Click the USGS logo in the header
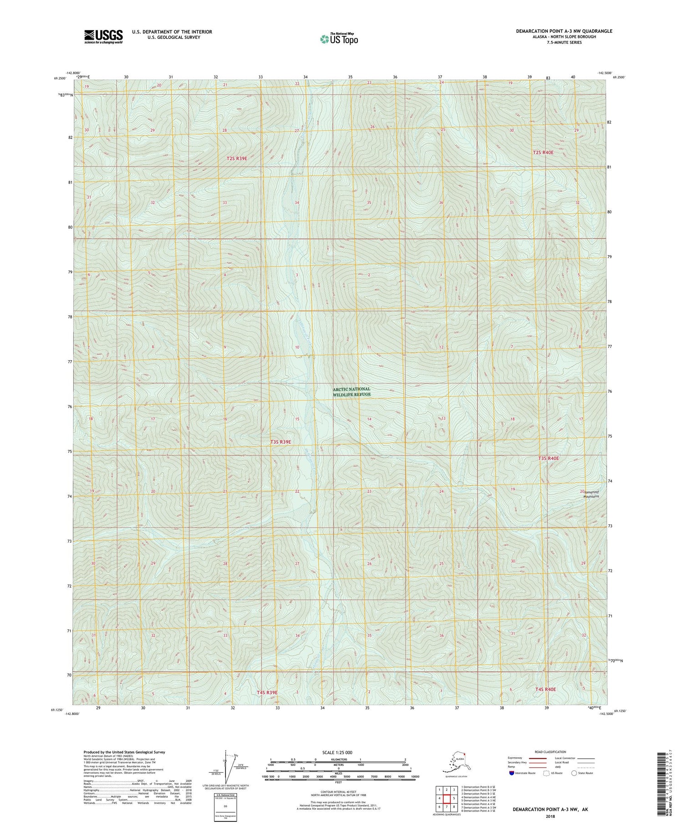(x=103, y=36)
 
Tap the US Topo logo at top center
(x=339, y=39)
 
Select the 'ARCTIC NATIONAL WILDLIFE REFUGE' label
(x=352, y=392)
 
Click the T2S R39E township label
(x=237, y=159)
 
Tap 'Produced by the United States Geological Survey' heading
(x=124, y=752)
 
